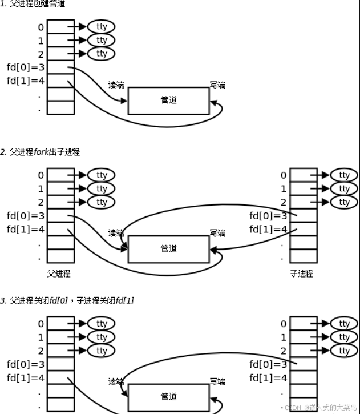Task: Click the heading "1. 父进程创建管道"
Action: [x=33, y=4]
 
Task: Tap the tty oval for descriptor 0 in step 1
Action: [x=101, y=26]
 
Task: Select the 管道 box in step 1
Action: [x=168, y=101]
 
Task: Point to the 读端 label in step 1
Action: [x=116, y=85]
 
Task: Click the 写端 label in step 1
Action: [x=217, y=85]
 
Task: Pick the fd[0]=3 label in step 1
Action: [x=25, y=67]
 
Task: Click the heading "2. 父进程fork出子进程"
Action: [x=40, y=152]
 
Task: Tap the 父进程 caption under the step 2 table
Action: [x=59, y=274]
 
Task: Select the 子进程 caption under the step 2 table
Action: [x=301, y=274]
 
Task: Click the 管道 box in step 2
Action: [x=168, y=249]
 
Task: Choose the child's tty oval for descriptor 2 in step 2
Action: [x=344, y=202]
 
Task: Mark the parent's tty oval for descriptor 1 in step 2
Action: [x=101, y=188]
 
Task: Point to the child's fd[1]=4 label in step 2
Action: [x=268, y=230]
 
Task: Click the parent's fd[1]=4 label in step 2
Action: [x=25, y=230]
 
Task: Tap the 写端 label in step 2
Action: [x=217, y=233]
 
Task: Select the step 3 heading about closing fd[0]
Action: [x=67, y=300]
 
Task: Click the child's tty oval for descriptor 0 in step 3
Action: [x=344, y=323]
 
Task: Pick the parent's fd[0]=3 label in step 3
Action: [x=25, y=364]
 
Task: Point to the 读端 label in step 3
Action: [x=116, y=381]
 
